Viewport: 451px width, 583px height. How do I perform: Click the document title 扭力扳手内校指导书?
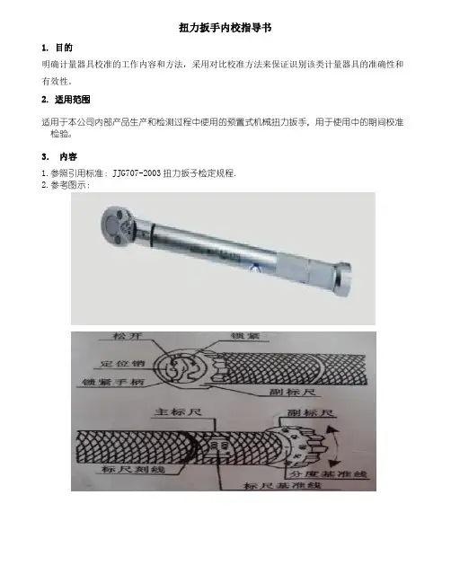(225, 28)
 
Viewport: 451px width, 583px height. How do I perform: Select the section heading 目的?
(64, 48)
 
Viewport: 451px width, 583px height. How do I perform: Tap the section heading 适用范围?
(73, 100)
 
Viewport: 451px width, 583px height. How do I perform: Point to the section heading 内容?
(68, 156)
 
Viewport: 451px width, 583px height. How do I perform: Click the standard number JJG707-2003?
(137, 173)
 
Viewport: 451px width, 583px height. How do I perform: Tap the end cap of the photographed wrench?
(342, 278)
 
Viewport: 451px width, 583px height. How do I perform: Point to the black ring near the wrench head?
(152, 235)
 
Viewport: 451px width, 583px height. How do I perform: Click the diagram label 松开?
(128, 336)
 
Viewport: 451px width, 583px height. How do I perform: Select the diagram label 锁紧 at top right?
(244, 336)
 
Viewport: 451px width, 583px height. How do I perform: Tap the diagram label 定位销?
(122, 363)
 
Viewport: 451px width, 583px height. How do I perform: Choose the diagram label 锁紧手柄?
(113, 382)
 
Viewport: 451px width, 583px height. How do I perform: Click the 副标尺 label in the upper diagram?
(293, 392)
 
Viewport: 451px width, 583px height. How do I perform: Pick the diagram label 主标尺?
(178, 411)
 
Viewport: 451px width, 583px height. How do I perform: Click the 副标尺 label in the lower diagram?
(311, 412)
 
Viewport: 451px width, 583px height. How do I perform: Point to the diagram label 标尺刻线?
(133, 469)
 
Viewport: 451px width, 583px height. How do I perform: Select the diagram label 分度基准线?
(328, 473)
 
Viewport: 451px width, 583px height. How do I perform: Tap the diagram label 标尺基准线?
(282, 485)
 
